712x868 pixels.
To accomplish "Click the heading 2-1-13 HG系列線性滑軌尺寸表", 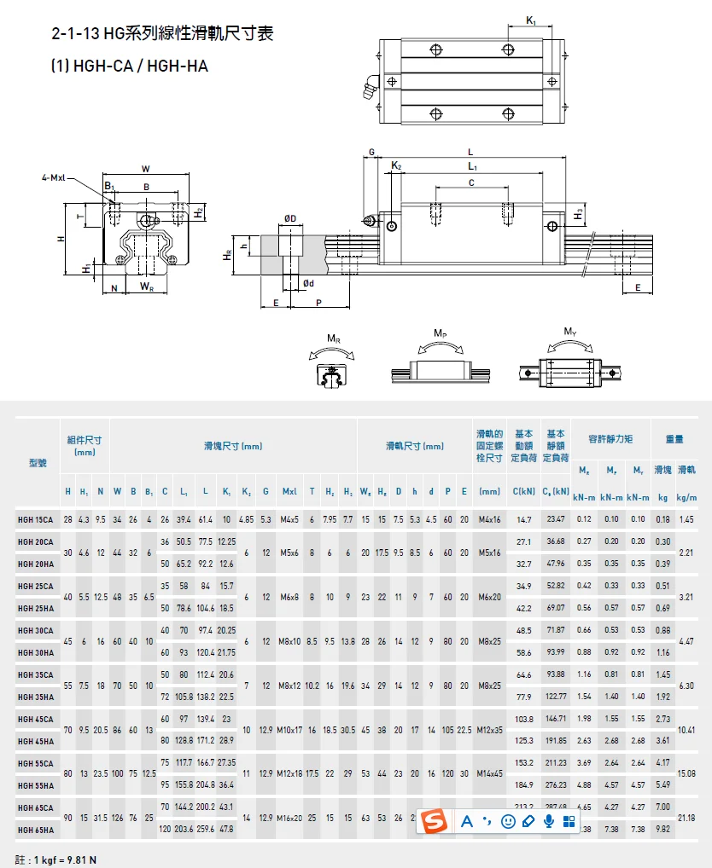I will [163, 34].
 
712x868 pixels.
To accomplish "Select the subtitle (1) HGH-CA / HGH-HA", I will [130, 66].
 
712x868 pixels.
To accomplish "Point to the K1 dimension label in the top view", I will [530, 20].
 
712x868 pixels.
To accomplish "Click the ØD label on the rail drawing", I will [289, 219].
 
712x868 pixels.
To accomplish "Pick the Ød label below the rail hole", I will [308, 283].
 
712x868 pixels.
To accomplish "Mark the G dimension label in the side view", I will [371, 152].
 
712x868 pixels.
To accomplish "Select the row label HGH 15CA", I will [36, 519].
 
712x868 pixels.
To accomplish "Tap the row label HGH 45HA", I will [36, 741].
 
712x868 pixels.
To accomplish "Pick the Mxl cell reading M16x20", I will [289, 818].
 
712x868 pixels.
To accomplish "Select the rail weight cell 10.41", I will [686, 730].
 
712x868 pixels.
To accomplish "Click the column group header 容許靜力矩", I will [610, 439].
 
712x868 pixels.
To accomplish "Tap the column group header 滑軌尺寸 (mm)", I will [415, 446].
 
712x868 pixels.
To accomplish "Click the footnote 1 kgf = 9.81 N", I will [56, 859].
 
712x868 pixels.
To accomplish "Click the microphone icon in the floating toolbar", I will [548, 821].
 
